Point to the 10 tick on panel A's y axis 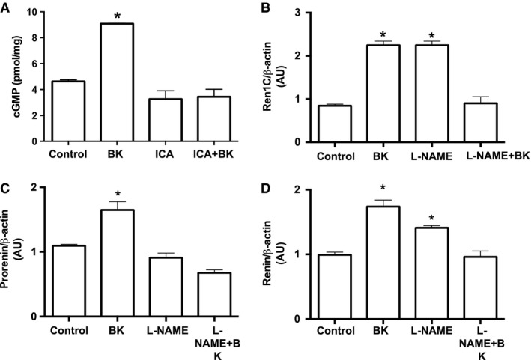click(x=38, y=13)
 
